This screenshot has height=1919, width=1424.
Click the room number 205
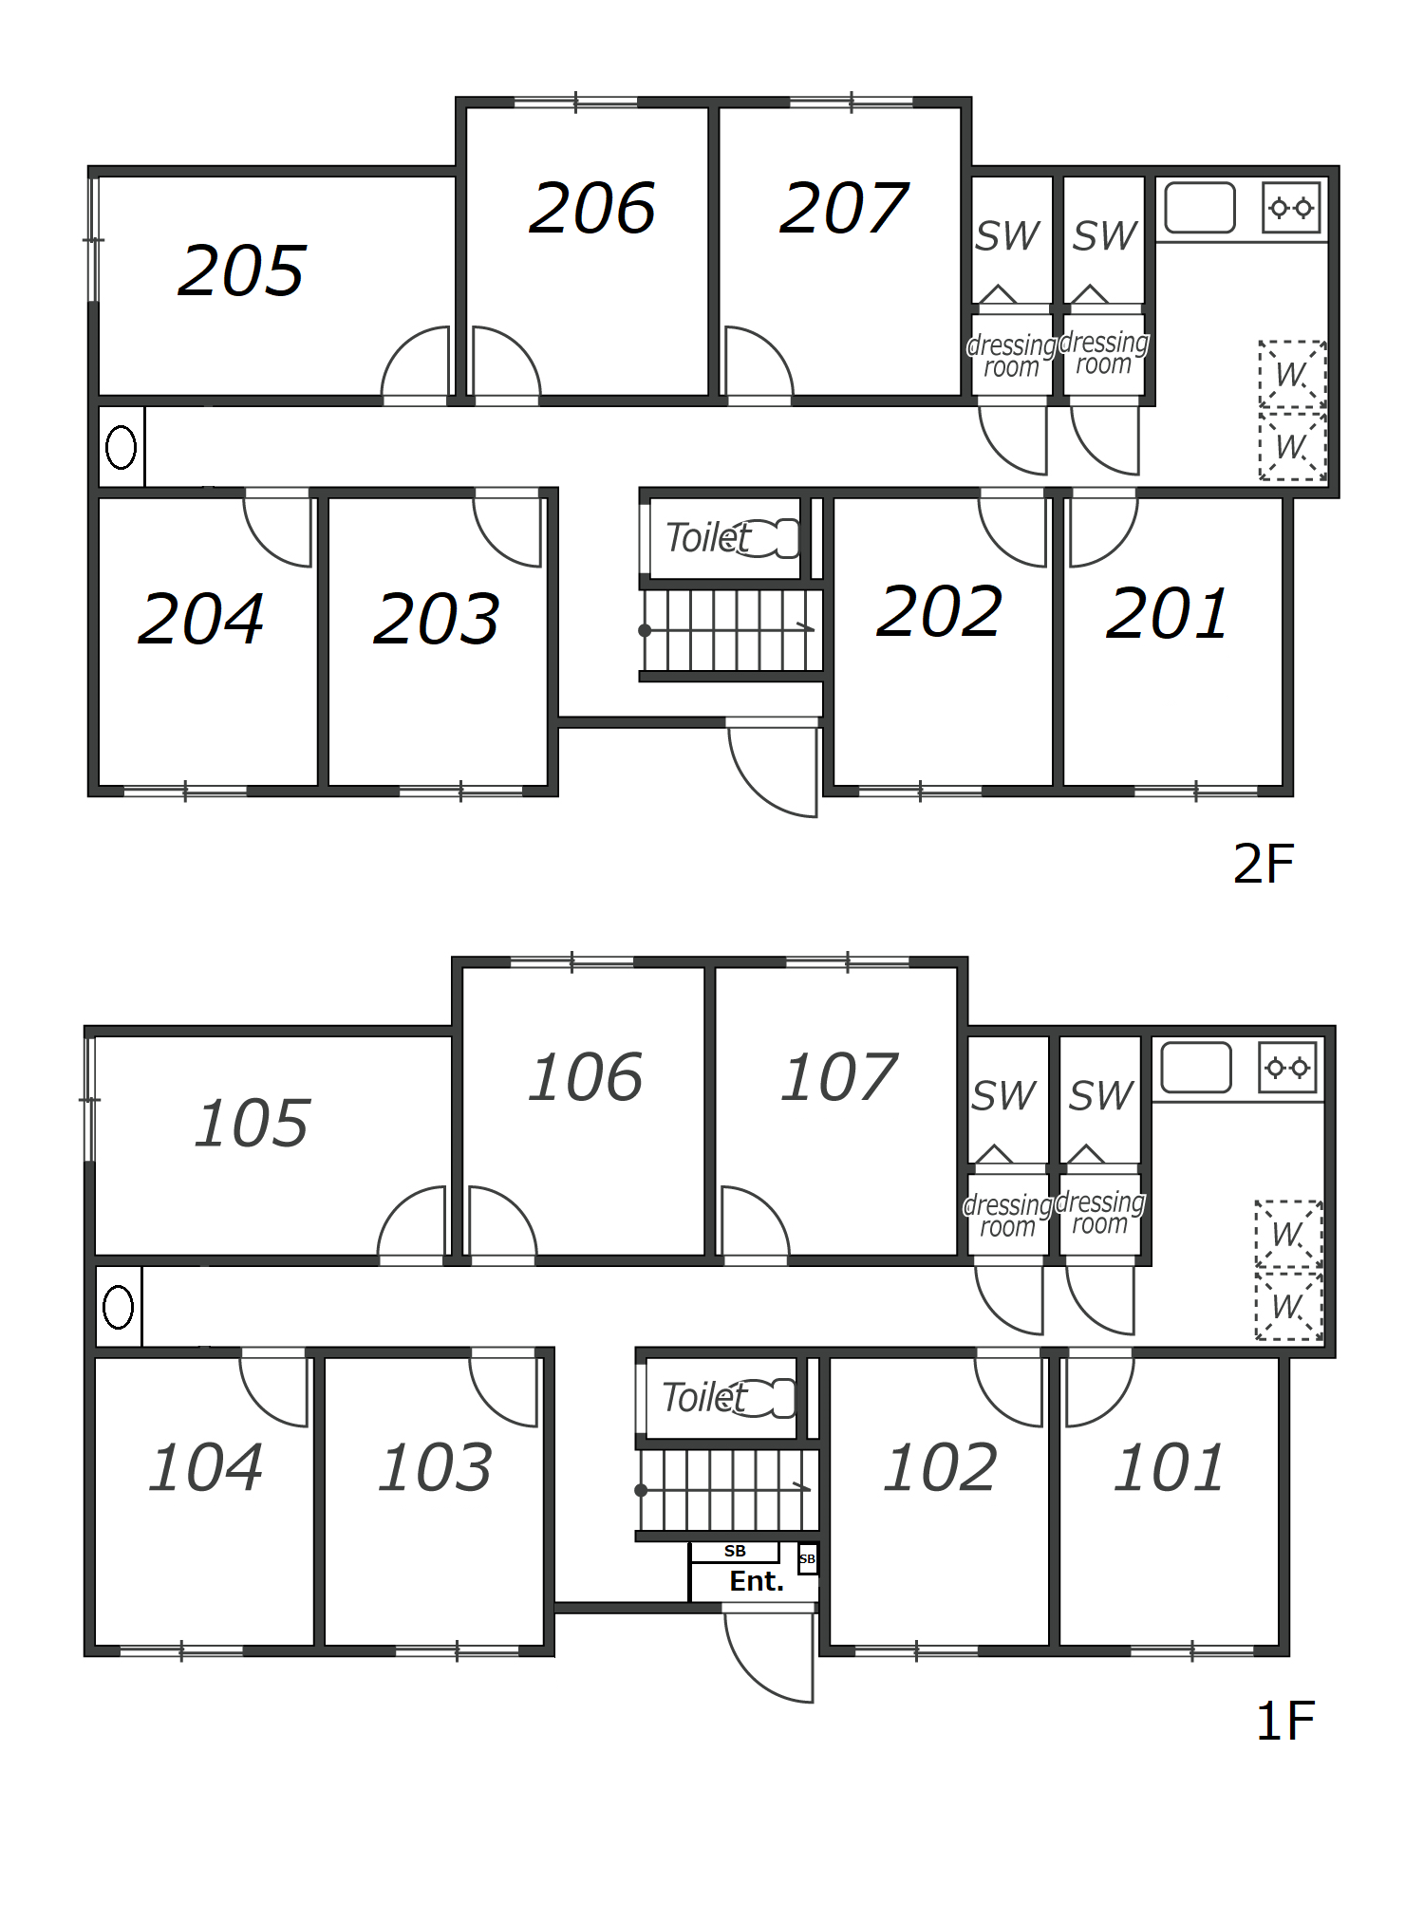click(x=242, y=270)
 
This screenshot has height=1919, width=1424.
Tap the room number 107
click(x=839, y=1077)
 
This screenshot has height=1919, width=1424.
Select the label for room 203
click(x=437, y=619)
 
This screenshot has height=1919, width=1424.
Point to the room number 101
click(x=1170, y=1467)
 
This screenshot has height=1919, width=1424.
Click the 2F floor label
click(x=1264, y=864)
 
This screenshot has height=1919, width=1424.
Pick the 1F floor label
click(x=1285, y=1721)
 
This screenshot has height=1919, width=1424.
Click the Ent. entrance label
click(x=757, y=1581)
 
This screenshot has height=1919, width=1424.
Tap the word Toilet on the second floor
click(x=708, y=538)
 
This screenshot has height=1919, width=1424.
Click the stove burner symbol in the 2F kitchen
click(x=1291, y=208)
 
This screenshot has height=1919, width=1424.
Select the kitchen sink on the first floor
click(x=1196, y=1068)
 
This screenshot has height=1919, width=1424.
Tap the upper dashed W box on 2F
click(x=1292, y=375)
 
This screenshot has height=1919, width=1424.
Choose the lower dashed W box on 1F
click(x=1288, y=1306)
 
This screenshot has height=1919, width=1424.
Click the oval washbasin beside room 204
click(x=121, y=447)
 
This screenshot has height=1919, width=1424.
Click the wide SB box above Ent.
click(x=735, y=1551)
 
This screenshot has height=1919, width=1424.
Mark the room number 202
click(x=939, y=611)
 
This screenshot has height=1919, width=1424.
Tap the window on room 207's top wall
click(x=851, y=102)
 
